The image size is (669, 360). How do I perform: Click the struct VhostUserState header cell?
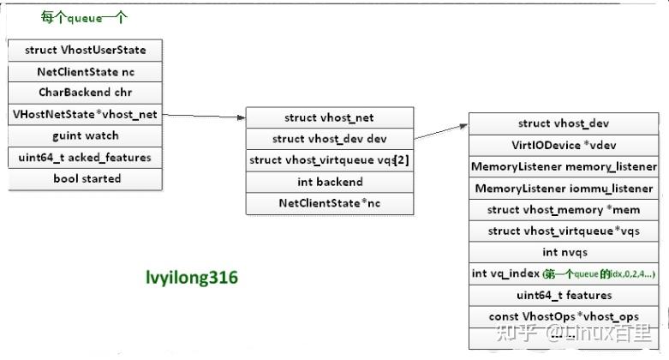pos(85,51)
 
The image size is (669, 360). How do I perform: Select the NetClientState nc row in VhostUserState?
pos(85,72)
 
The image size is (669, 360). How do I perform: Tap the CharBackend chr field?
pos(85,93)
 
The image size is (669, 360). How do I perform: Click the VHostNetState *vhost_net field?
pos(85,114)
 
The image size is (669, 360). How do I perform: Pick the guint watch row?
pos(85,135)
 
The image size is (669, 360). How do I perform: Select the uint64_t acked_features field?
pos(85,157)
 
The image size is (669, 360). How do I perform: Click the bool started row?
pos(85,178)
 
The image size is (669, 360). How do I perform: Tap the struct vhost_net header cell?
pos(329,117)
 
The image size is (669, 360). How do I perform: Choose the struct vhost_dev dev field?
pos(329,139)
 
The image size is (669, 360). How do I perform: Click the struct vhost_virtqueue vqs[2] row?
pos(329,160)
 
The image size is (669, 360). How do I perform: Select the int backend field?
pos(329,182)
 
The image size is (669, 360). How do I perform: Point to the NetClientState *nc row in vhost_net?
pos(329,203)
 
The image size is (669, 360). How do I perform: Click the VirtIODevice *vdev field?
pos(564,146)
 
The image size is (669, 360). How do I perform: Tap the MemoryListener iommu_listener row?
pos(564,189)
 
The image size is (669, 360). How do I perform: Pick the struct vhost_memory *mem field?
pos(564,210)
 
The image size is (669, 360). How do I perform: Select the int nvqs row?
pos(564,253)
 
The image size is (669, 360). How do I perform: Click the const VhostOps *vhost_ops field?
pos(564,316)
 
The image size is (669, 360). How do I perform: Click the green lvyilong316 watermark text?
pos(192,278)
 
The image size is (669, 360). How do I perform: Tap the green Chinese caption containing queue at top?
pos(86,18)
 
